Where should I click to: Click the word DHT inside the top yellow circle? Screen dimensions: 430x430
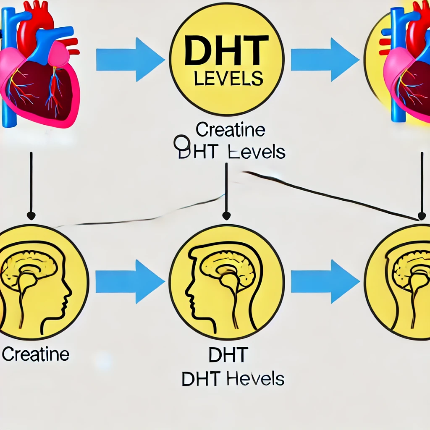[x=227, y=50]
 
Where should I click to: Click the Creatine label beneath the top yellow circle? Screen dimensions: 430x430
[x=231, y=131]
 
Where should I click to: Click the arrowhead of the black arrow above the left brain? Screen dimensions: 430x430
[x=31, y=216]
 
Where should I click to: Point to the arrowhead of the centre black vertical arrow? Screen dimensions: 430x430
[x=226, y=216]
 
